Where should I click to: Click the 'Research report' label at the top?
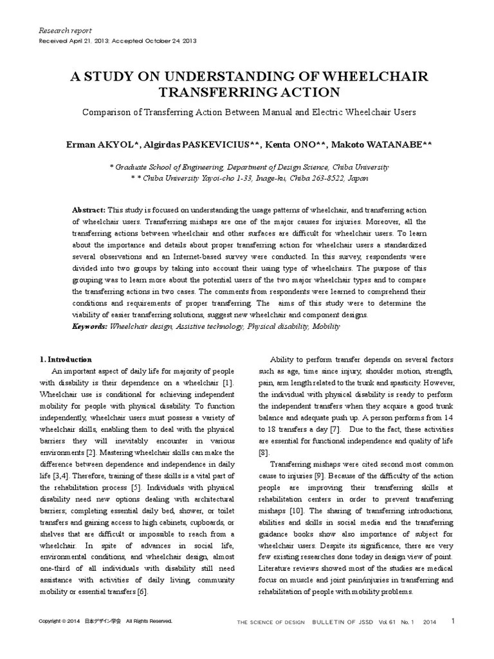tap(66, 30)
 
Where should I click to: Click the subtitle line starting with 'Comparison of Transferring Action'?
tap(249, 112)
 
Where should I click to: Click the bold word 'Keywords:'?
tap(90, 327)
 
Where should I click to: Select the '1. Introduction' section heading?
tap(66, 359)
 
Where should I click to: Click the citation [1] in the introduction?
tap(227, 383)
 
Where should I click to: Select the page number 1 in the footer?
tap(453, 621)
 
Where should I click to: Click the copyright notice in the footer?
tap(105, 621)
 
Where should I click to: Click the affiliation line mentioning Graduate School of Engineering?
tap(249, 166)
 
